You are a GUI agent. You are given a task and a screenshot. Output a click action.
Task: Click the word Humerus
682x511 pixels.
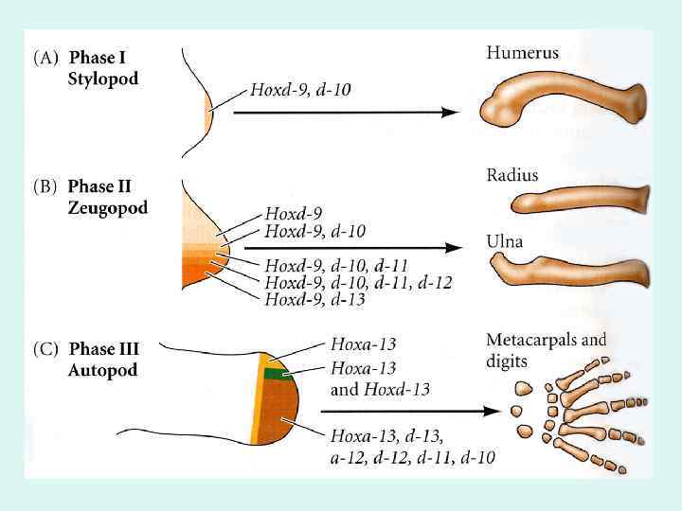(522, 53)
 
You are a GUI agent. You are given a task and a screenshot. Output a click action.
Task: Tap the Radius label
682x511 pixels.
(511, 175)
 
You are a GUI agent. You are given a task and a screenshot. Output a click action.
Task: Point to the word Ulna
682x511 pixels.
(505, 242)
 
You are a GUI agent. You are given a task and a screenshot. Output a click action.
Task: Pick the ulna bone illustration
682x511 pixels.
(577, 273)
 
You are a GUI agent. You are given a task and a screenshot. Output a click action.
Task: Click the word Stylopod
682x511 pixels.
(103, 79)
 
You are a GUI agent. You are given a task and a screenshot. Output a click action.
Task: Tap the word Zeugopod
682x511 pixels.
(107, 208)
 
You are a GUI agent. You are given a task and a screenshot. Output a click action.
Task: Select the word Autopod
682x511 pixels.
(102, 370)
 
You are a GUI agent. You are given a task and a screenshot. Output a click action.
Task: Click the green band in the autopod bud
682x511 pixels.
(276, 374)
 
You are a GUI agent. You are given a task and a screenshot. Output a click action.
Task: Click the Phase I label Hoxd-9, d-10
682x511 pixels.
(300, 91)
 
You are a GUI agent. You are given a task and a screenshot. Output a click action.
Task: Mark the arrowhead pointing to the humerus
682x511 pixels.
(452, 112)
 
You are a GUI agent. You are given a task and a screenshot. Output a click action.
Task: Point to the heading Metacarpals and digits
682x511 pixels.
(546, 348)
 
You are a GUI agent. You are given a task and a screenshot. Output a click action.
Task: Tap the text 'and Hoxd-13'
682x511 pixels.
(379, 389)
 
